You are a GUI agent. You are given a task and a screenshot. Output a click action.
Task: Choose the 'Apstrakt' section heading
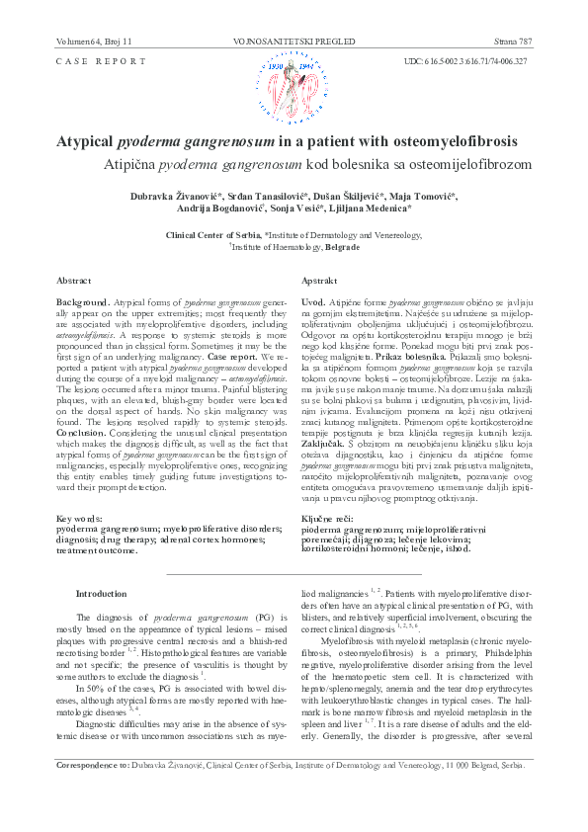[x=320, y=281]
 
